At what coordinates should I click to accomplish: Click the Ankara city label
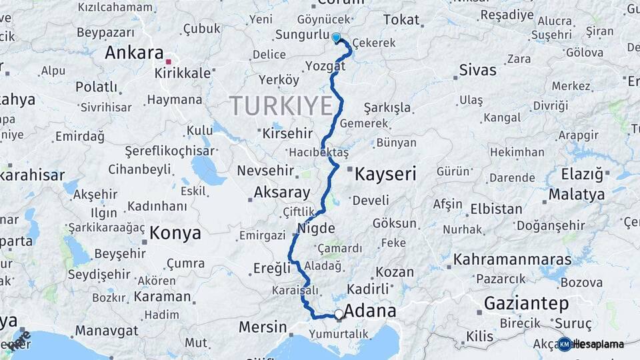click(134, 53)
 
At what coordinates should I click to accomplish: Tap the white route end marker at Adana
click(339, 313)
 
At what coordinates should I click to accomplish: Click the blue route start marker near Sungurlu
click(336, 38)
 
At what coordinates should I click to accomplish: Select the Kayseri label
click(385, 175)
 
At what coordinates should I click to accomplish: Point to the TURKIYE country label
click(281, 105)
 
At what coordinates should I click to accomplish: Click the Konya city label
click(175, 233)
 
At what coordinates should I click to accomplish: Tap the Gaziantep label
click(526, 304)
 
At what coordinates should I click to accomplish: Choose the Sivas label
click(478, 70)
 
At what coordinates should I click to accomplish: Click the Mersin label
click(262, 327)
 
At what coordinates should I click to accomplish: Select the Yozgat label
click(325, 65)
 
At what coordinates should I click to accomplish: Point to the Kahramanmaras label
click(512, 259)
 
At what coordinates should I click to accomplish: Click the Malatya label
click(577, 195)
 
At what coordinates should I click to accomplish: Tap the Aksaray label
click(282, 193)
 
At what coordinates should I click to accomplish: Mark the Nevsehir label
click(266, 171)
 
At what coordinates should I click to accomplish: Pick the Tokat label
click(401, 20)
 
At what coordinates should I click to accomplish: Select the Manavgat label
click(106, 330)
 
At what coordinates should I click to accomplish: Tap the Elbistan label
click(496, 209)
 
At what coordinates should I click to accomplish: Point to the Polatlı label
click(96, 87)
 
